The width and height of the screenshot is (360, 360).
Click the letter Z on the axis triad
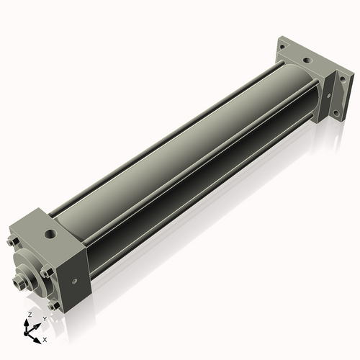point(30,315)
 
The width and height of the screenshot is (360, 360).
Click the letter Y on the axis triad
point(45,319)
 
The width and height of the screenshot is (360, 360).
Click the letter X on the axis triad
point(45,340)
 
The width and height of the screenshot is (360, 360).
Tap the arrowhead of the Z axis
point(26,322)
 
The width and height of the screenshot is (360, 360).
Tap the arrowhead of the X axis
point(37,341)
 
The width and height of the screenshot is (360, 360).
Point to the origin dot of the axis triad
point(26,334)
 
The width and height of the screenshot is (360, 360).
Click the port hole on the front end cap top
point(51,233)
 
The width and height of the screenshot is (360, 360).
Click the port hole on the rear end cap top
point(307,60)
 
